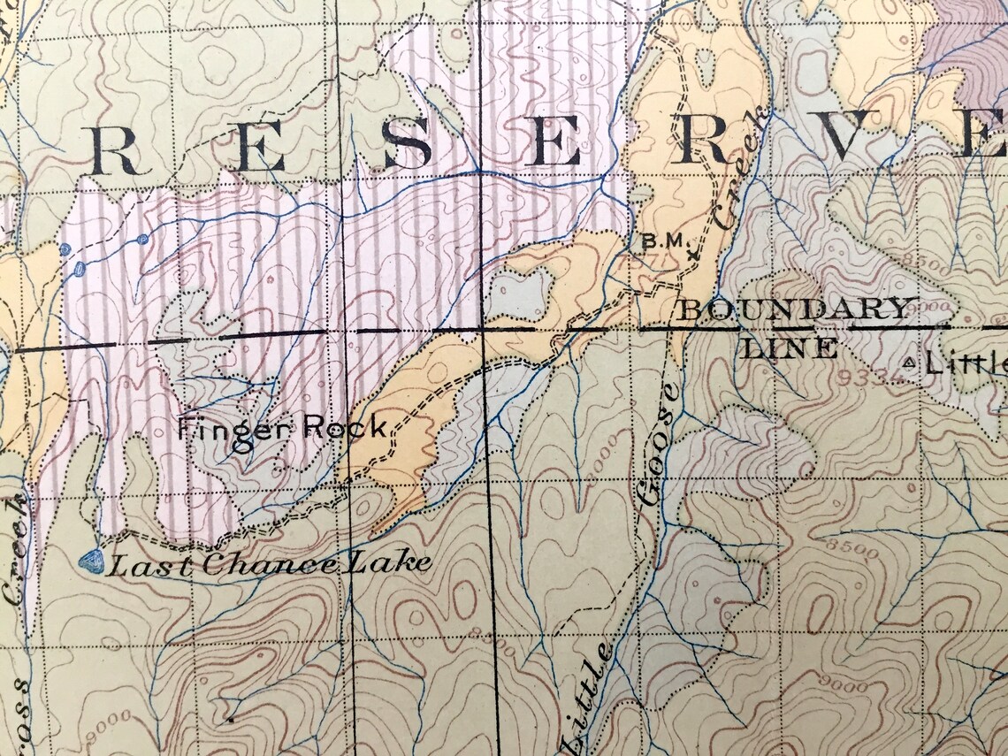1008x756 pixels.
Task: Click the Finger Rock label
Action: (x=281, y=429)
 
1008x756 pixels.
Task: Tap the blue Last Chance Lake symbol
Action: (x=91, y=561)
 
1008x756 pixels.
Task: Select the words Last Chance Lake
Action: (x=270, y=563)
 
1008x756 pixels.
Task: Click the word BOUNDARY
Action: (x=794, y=309)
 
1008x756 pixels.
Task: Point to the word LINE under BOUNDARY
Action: (x=790, y=348)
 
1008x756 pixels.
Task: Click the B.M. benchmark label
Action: (x=663, y=240)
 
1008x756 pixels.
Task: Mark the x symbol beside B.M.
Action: (x=692, y=255)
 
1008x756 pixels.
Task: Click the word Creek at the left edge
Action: (x=17, y=548)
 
